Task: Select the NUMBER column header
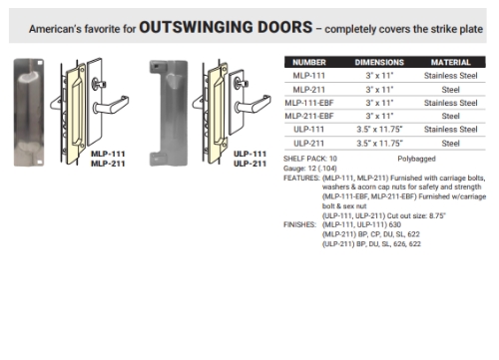[x=309, y=63]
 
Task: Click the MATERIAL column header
[x=446, y=63]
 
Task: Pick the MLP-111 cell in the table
[x=309, y=76]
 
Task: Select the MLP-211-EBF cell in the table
[x=309, y=116]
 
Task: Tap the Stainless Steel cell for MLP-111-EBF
[x=446, y=103]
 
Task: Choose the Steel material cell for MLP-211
[x=446, y=89]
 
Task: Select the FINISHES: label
[x=302, y=225]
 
